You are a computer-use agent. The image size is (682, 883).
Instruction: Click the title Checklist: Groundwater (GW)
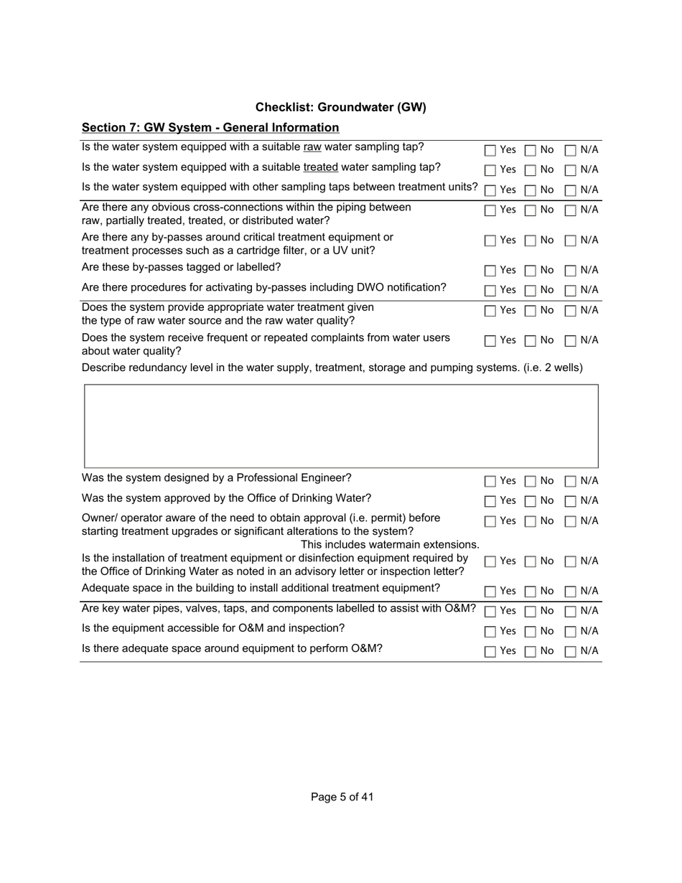tap(340, 107)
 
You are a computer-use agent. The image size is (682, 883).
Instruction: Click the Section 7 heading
tap(210, 127)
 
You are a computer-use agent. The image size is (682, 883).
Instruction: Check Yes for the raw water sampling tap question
tap(490, 151)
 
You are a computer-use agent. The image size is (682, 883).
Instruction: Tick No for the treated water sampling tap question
tap(531, 171)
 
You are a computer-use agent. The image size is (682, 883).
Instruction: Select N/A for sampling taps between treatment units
tap(571, 191)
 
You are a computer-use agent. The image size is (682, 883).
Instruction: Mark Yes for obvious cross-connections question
tap(490, 211)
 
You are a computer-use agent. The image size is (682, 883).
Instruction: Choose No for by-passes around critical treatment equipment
tap(531, 241)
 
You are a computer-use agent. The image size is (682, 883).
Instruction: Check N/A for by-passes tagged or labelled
tap(571, 271)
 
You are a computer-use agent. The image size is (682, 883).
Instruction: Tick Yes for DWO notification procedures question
tap(490, 291)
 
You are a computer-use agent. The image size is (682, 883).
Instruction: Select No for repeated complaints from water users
tap(531, 342)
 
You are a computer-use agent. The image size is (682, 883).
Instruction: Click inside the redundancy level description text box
tap(341, 426)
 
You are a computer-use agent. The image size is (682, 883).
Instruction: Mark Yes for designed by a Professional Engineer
tap(490, 482)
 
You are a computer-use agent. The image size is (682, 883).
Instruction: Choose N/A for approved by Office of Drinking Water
tap(571, 502)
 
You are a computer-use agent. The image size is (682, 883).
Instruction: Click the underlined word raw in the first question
tap(312, 147)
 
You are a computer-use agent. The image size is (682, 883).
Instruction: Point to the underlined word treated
tap(320, 167)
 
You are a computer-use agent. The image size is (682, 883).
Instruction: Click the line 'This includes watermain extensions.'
tap(389, 545)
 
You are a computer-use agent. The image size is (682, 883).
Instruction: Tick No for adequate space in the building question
tap(531, 592)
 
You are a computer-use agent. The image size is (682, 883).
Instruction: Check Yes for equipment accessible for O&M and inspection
tap(490, 632)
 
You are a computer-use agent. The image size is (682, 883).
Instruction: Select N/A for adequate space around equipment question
tap(571, 653)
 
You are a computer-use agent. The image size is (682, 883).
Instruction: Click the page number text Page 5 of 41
tap(342, 797)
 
